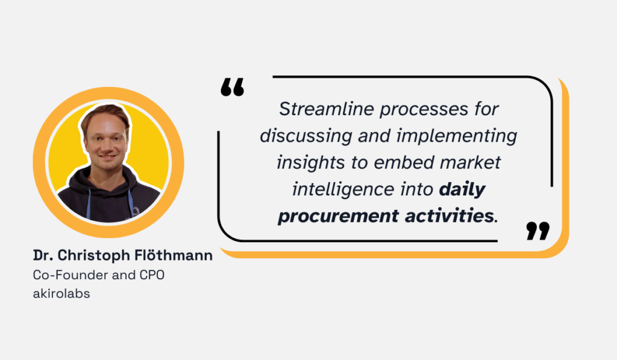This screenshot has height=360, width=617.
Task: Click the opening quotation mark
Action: coord(232,87)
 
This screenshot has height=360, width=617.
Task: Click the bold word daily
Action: coord(462,189)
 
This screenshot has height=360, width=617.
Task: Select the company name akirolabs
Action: coord(61,295)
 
